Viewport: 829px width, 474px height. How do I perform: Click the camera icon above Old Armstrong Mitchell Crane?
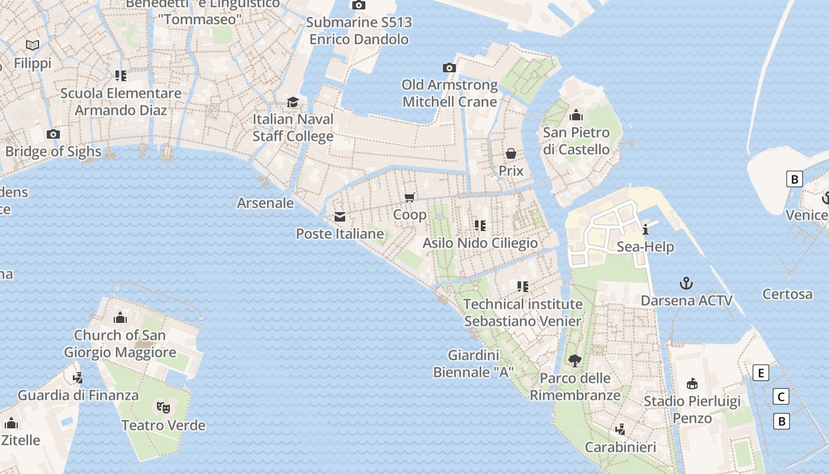449,68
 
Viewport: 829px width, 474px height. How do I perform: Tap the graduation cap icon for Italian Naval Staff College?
293,103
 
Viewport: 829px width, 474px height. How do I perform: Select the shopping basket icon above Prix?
510,153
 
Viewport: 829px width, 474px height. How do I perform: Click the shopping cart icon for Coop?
409,197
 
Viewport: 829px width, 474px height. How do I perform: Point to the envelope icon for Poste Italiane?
339,217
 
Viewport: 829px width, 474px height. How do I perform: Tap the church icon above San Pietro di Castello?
576,115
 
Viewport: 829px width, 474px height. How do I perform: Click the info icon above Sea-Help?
645,229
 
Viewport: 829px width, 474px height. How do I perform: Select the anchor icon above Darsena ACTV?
686,283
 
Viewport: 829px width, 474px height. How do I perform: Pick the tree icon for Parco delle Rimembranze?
574,360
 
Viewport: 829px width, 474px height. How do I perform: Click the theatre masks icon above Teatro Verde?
163,407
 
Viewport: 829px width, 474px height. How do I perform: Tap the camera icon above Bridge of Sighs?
53,134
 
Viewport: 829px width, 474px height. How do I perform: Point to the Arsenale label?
265,203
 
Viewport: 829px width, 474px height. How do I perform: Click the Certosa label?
787,294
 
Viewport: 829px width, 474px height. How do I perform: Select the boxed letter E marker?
761,373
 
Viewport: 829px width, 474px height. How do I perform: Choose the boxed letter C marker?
781,397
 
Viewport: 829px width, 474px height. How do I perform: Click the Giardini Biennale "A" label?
473,364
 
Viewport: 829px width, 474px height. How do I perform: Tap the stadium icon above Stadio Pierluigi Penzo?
692,384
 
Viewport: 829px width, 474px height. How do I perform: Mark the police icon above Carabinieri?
620,429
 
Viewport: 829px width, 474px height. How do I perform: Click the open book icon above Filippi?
33,45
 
